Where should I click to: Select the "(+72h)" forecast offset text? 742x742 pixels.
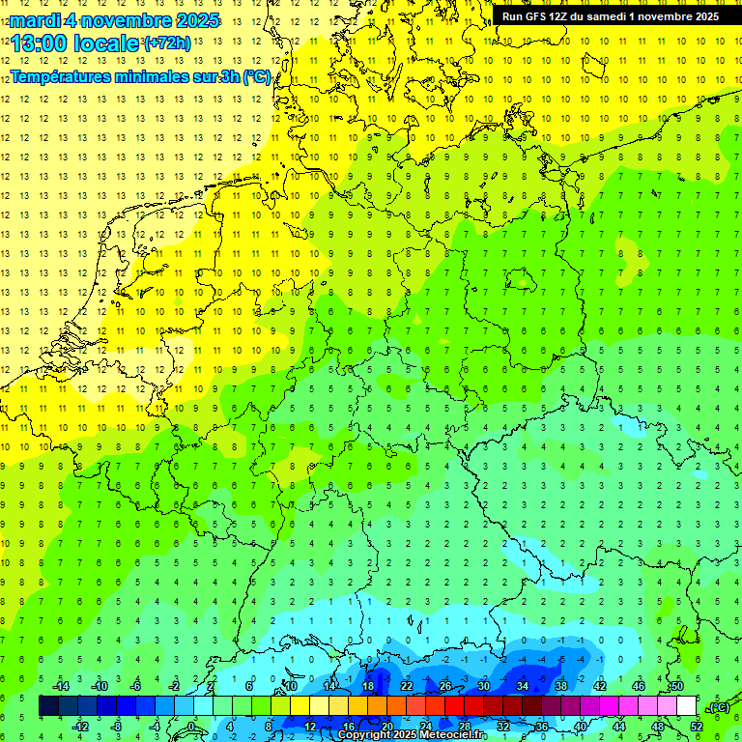click(x=166, y=43)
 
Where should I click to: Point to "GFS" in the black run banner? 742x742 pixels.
click(x=541, y=16)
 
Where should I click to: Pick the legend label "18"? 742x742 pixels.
click(x=367, y=686)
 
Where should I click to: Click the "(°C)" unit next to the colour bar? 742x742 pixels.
click(x=719, y=707)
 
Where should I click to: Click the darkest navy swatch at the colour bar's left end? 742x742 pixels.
click(x=48, y=706)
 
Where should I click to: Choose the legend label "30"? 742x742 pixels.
click(x=483, y=686)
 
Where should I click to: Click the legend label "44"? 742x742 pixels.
click(x=619, y=726)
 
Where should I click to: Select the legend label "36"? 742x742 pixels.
click(x=542, y=726)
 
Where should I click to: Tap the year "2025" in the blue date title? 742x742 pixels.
click(x=193, y=20)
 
